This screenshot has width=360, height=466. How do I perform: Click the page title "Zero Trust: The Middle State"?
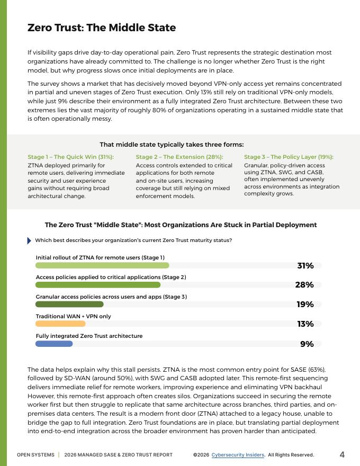102,28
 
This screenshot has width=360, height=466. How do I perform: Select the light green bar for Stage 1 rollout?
102,265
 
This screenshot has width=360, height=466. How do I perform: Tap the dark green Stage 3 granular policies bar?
69,304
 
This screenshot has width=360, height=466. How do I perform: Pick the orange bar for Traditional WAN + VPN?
60,324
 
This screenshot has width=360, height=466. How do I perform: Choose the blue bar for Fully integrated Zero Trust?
53,344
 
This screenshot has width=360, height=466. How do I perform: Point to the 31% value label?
305,266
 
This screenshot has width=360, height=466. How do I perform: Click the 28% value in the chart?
304,285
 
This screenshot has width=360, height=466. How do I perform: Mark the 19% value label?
305,304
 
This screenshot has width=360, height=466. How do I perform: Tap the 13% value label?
305,324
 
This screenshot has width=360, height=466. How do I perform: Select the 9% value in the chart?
307,344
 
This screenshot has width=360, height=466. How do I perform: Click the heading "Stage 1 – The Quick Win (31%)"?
70,157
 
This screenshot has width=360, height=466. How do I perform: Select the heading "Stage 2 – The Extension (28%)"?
179,157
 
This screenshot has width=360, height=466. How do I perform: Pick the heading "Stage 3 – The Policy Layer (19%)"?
289,157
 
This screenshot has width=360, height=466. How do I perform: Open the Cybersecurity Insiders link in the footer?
238,455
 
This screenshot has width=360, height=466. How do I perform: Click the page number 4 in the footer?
342,454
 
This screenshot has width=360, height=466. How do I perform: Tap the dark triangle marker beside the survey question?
29,240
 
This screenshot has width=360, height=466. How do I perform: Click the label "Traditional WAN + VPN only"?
74,317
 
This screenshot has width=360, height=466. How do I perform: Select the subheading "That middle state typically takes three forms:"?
172,145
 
